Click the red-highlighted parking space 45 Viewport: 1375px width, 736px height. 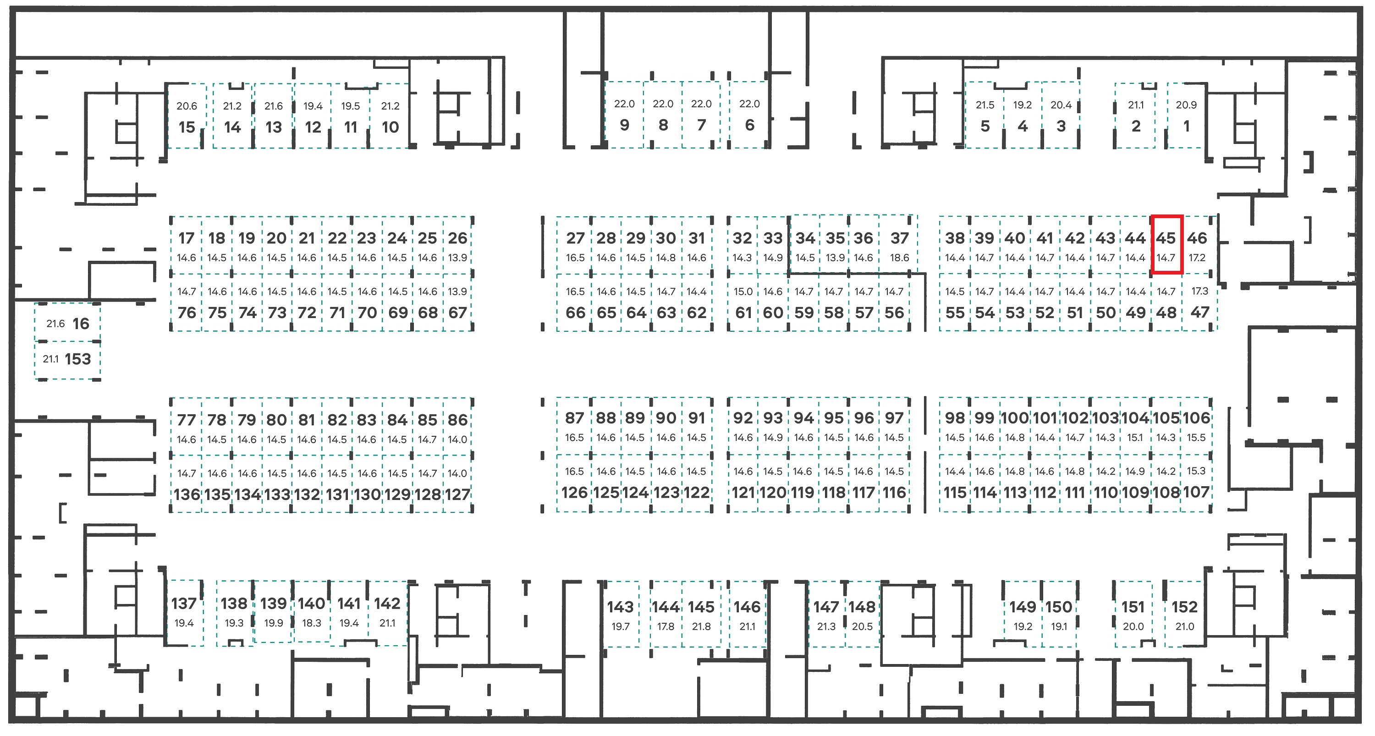1167,244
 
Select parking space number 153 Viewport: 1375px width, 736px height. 67,360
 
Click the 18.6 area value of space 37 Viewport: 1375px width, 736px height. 899,258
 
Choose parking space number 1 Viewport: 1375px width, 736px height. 1186,115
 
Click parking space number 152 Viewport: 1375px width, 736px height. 1184,614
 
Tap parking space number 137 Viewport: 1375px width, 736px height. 184,613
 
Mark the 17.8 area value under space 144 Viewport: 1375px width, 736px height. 665,626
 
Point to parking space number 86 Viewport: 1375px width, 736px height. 458,427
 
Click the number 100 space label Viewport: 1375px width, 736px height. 1015,418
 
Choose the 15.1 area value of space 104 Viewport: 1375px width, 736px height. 1135,438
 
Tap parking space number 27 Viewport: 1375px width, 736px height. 574,246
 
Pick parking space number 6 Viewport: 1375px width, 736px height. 749,114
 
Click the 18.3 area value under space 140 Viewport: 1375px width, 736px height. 312,623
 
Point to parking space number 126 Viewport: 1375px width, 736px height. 574,483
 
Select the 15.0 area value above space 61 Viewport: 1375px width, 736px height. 743,292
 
